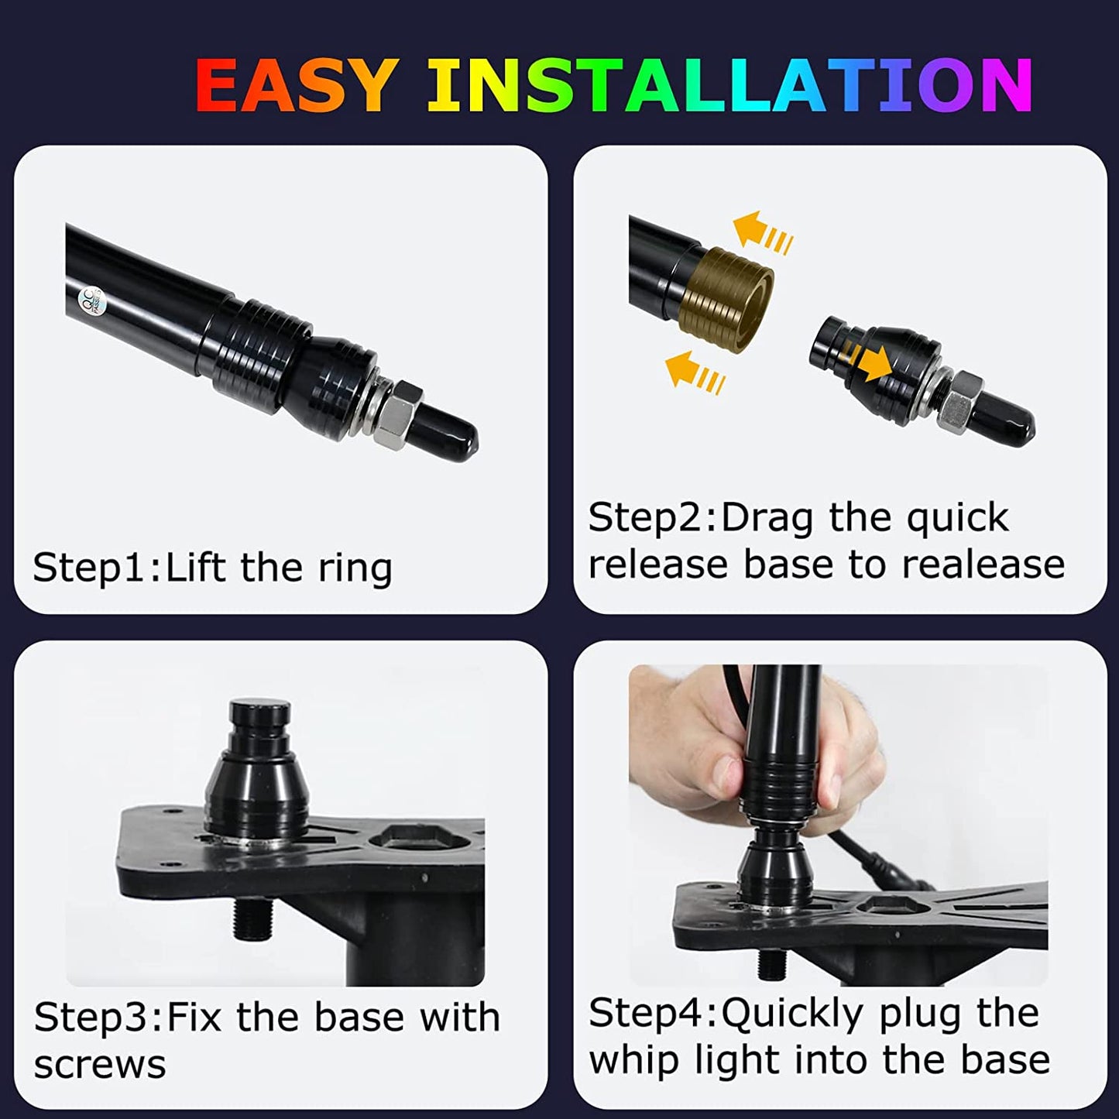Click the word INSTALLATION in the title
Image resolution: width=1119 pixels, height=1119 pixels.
729,85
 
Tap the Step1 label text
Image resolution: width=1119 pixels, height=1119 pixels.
96,568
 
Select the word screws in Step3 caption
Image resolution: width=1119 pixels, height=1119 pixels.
100,1066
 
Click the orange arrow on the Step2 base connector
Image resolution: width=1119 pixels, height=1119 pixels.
867,361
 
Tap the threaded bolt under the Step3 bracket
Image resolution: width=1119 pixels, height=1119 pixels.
251,917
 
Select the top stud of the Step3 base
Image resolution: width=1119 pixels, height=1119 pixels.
259,720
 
